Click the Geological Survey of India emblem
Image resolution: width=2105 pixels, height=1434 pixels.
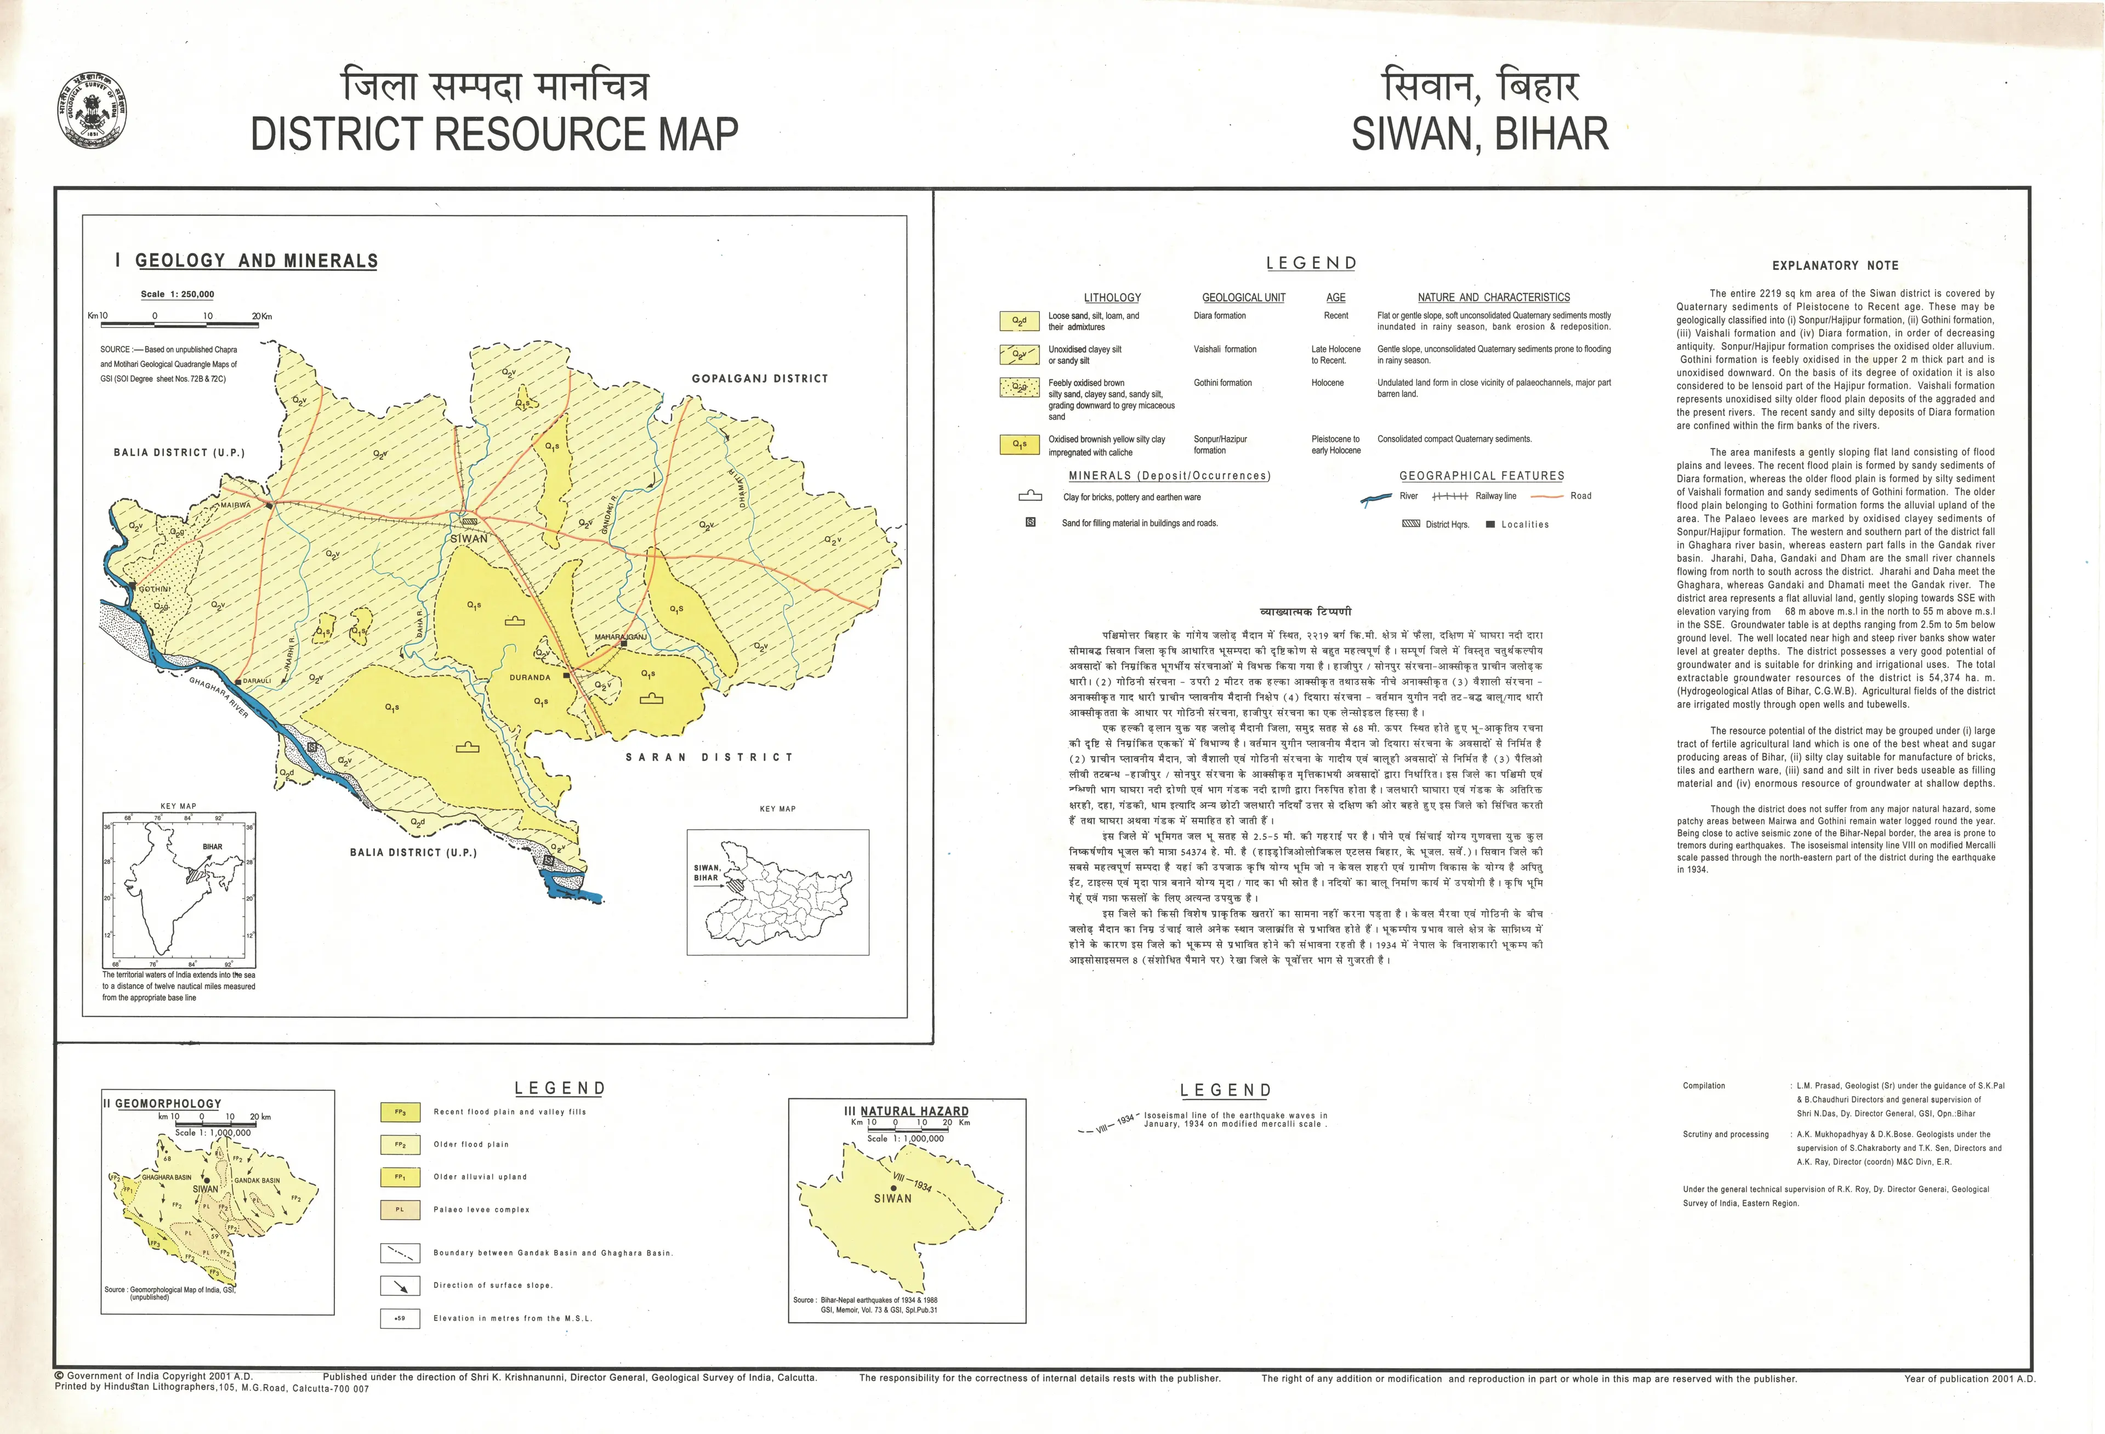(x=93, y=111)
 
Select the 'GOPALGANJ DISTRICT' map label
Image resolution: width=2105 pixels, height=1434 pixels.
(x=759, y=379)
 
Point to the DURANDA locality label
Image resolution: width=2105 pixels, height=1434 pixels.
(x=530, y=678)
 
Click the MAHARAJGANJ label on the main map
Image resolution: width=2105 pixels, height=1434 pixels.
(x=621, y=637)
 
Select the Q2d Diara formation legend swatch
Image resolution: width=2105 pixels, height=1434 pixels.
(x=1019, y=321)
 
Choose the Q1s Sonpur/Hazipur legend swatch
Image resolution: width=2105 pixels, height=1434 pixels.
(x=1019, y=445)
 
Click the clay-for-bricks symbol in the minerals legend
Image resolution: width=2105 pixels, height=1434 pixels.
(x=1030, y=496)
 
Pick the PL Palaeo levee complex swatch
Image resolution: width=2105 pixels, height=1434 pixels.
(x=400, y=1209)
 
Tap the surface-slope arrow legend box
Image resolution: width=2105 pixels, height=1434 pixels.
(x=400, y=1285)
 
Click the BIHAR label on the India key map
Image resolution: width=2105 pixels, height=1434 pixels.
(x=212, y=847)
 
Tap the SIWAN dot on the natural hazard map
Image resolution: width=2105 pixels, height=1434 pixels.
(x=893, y=1188)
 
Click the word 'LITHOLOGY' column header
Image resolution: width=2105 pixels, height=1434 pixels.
(x=1112, y=297)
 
